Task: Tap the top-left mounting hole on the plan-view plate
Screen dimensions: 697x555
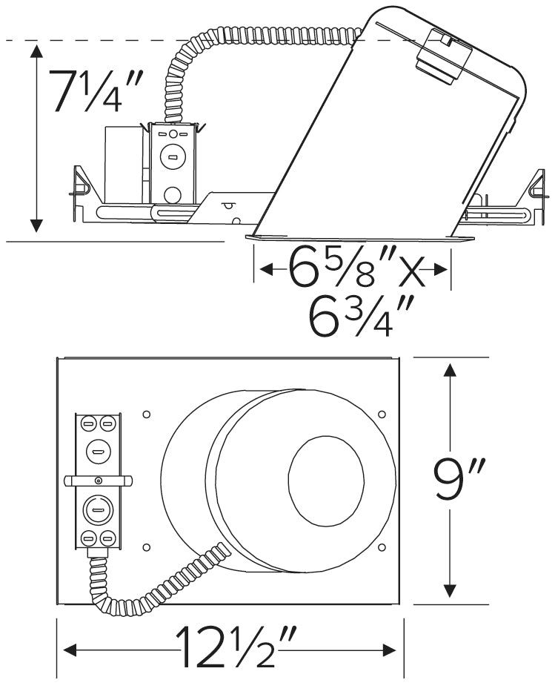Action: pos(146,413)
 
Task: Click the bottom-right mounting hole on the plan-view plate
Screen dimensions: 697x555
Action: pos(382,547)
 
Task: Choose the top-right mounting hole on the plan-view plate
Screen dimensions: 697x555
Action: pos(382,413)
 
